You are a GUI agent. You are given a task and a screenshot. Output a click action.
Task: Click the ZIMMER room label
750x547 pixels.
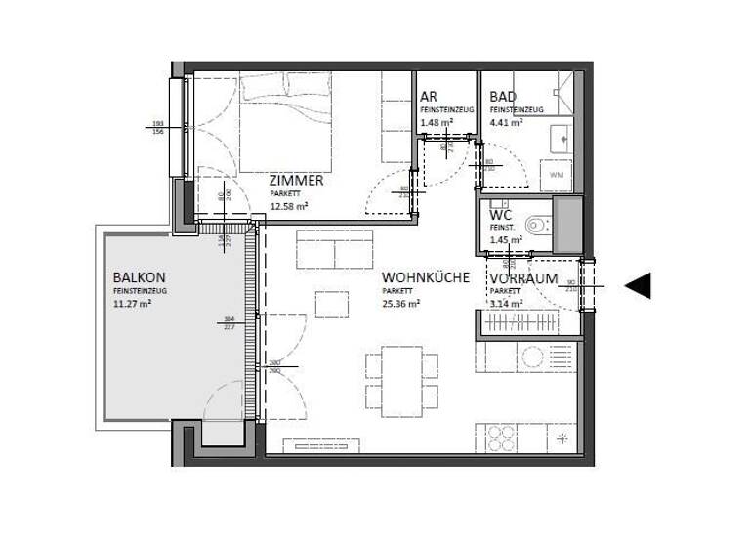pyautogui.click(x=297, y=181)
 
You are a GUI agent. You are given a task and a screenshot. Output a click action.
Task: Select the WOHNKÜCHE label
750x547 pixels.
pyautogui.click(x=425, y=277)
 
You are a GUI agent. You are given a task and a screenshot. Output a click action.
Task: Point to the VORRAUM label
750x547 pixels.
pyautogui.click(x=523, y=278)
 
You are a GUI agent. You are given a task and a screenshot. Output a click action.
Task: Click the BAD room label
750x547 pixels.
pyautogui.click(x=502, y=97)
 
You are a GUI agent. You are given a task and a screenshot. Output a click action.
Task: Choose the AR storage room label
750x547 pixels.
pyautogui.click(x=428, y=97)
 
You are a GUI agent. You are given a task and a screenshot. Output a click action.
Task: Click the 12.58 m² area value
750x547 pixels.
pyautogui.click(x=290, y=206)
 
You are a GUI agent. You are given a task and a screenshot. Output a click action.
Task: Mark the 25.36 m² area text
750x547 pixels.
pyautogui.click(x=400, y=304)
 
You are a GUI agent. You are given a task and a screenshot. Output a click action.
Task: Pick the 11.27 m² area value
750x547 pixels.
pyautogui.click(x=133, y=303)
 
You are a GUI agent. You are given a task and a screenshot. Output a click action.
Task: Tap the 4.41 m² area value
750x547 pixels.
pyautogui.click(x=506, y=123)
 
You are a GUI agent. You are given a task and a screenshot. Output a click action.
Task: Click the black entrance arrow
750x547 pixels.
pyautogui.click(x=638, y=285)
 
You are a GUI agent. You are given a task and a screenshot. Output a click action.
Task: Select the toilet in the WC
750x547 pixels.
pyautogui.click(x=537, y=226)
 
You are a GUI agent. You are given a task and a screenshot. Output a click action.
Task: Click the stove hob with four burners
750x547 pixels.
pyautogui.click(x=498, y=435)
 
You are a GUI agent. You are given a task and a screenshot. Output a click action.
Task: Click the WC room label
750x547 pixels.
pyautogui.click(x=501, y=214)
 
